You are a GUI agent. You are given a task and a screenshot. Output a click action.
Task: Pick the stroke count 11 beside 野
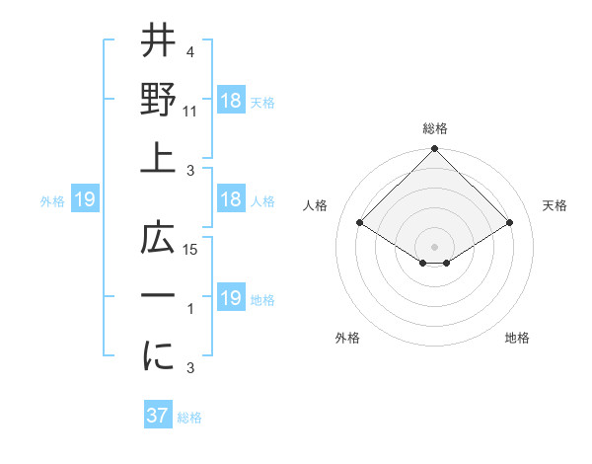pos(191,112)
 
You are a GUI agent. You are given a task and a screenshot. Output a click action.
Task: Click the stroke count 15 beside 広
pos(191,250)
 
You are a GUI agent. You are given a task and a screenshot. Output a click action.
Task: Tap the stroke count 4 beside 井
pos(190,51)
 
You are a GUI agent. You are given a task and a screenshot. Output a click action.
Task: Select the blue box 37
pos(158,417)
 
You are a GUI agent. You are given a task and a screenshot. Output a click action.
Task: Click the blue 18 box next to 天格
pos(231,100)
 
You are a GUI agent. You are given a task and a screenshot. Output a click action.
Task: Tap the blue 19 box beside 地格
pos(231,298)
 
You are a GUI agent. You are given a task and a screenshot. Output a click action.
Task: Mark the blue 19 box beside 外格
pos(85,200)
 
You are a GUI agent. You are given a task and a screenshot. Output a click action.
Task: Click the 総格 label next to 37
pos(189,418)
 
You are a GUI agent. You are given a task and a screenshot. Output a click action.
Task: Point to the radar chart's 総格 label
pos(435,128)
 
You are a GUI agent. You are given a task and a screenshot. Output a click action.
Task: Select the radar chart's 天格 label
pos(555,205)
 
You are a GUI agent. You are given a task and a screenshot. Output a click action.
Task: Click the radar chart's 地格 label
pos(517,338)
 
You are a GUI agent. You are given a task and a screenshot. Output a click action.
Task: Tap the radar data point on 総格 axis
pos(435,150)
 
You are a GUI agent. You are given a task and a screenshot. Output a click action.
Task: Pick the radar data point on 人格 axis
pos(360,223)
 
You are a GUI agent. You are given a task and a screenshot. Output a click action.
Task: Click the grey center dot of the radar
pos(435,246)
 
